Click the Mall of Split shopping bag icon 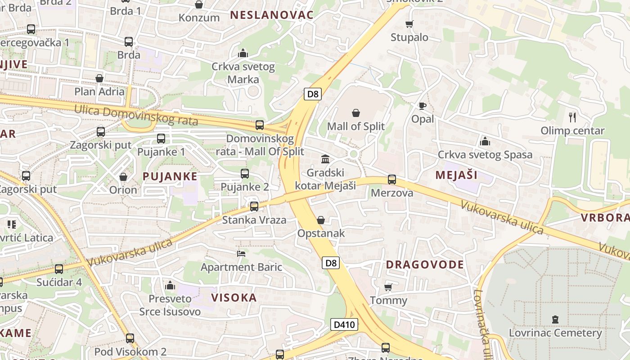pyautogui.click(x=356, y=112)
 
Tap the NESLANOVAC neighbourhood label pyautogui.click(x=271, y=15)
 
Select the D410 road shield pyautogui.click(x=344, y=324)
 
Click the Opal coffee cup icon pyautogui.click(x=422, y=106)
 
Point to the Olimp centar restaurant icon pyautogui.click(x=572, y=117)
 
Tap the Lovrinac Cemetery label pyautogui.click(x=555, y=333)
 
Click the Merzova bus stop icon pyautogui.click(x=392, y=180)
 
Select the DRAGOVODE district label pyautogui.click(x=425, y=265)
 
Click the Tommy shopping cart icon pyautogui.click(x=388, y=287)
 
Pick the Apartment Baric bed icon pyautogui.click(x=241, y=254)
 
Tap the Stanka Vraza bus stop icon pyautogui.click(x=254, y=207)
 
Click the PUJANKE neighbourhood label pyautogui.click(x=170, y=176)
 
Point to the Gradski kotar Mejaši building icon pyautogui.click(x=325, y=159)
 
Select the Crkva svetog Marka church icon pyautogui.click(x=243, y=54)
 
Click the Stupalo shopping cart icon pyautogui.click(x=409, y=24)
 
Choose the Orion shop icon pyautogui.click(x=123, y=177)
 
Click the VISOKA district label pyautogui.click(x=234, y=298)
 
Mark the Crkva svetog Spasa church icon pyautogui.click(x=485, y=142)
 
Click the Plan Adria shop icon pyautogui.click(x=99, y=78)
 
